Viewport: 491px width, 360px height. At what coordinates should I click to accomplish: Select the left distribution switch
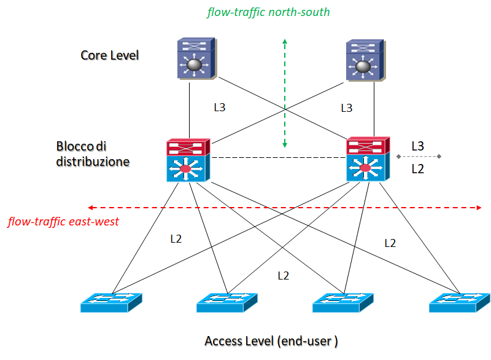188,160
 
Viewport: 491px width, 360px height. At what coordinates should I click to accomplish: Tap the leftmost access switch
110,302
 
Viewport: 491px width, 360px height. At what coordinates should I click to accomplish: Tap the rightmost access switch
459,302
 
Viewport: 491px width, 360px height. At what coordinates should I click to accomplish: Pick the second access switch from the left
227,302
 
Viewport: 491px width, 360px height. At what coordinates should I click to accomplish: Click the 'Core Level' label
110,55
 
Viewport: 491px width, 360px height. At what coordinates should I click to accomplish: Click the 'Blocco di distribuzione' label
93,154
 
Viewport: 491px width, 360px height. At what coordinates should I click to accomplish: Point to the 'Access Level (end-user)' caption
271,340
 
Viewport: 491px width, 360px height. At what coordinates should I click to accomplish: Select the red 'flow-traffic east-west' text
63,222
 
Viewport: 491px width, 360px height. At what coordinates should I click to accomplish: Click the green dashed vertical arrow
285,92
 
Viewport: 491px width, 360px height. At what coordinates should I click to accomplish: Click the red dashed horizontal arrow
285,208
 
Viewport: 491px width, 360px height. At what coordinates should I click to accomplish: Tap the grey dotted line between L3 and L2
419,157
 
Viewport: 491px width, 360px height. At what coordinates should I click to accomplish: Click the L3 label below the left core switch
219,108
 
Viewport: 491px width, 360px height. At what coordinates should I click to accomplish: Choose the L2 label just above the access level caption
283,276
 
